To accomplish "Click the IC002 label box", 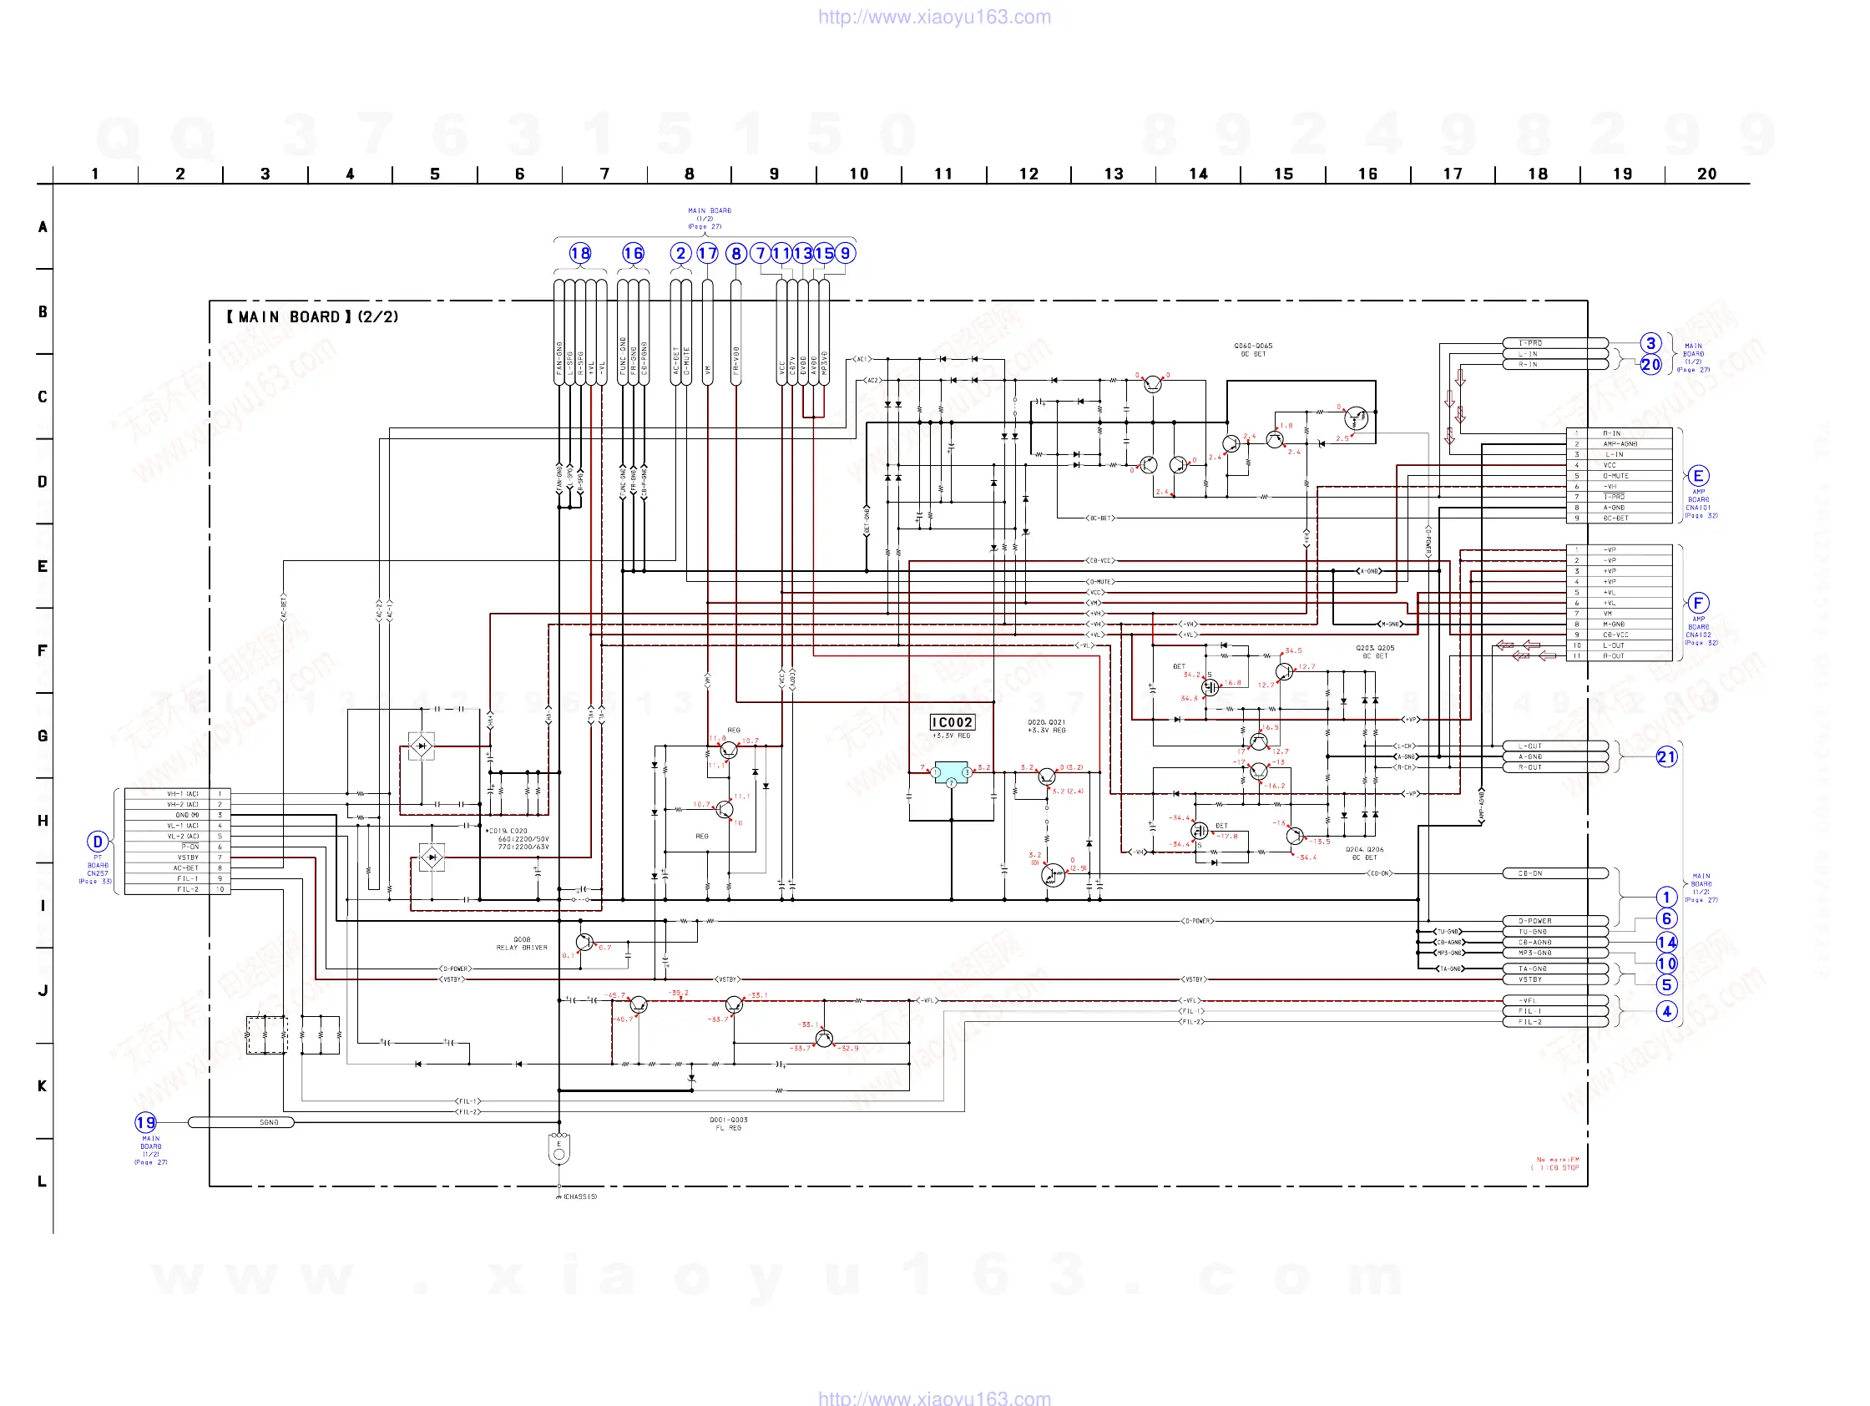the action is coord(951,722).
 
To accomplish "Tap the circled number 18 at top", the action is coord(580,253).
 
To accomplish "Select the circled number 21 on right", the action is coord(1665,756).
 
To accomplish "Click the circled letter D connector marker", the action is coord(97,842).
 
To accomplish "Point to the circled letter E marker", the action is coord(1697,475).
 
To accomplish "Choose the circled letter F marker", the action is coord(1697,603).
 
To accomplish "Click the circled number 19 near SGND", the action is coord(145,1122).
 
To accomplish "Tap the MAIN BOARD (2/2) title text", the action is coord(312,317).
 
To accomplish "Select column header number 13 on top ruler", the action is coord(1114,174).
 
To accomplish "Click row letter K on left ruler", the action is coord(43,1085).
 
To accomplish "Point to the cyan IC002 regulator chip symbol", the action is coord(951,772).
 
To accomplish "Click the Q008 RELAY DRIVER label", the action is coord(522,943).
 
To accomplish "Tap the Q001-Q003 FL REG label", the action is coord(728,1124).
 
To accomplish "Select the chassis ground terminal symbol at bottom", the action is coord(558,1150).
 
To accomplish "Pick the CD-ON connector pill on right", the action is coord(1554,873).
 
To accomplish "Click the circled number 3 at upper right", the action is coord(1650,343).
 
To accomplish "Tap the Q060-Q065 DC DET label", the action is coord(1253,350).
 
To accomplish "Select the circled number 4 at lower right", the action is coord(1665,1011).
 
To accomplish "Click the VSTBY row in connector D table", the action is coord(188,857).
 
